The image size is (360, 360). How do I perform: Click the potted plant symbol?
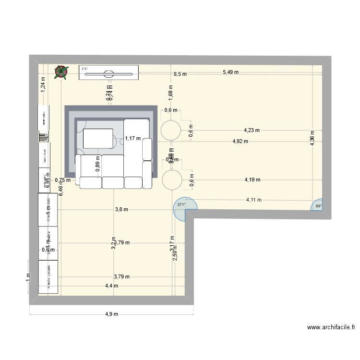click(x=61, y=72)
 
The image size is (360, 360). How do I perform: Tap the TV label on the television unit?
click(x=85, y=69)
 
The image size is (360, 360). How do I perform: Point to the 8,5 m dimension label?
click(x=180, y=74)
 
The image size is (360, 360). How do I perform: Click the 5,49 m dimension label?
click(x=230, y=72)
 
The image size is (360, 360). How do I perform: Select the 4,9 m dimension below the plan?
click(x=111, y=314)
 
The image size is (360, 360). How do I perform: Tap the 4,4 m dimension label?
click(x=111, y=286)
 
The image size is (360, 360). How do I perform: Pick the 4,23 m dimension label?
click(x=252, y=130)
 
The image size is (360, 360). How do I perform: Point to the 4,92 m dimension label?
click(x=240, y=141)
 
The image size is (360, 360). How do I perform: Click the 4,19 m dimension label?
click(x=252, y=180)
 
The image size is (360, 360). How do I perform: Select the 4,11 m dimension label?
click(x=254, y=200)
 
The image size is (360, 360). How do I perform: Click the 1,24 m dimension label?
click(x=43, y=84)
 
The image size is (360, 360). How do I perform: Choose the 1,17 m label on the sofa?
click(x=132, y=139)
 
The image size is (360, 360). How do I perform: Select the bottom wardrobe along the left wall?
click(x=48, y=277)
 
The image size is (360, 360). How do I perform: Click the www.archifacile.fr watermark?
click(x=331, y=328)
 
